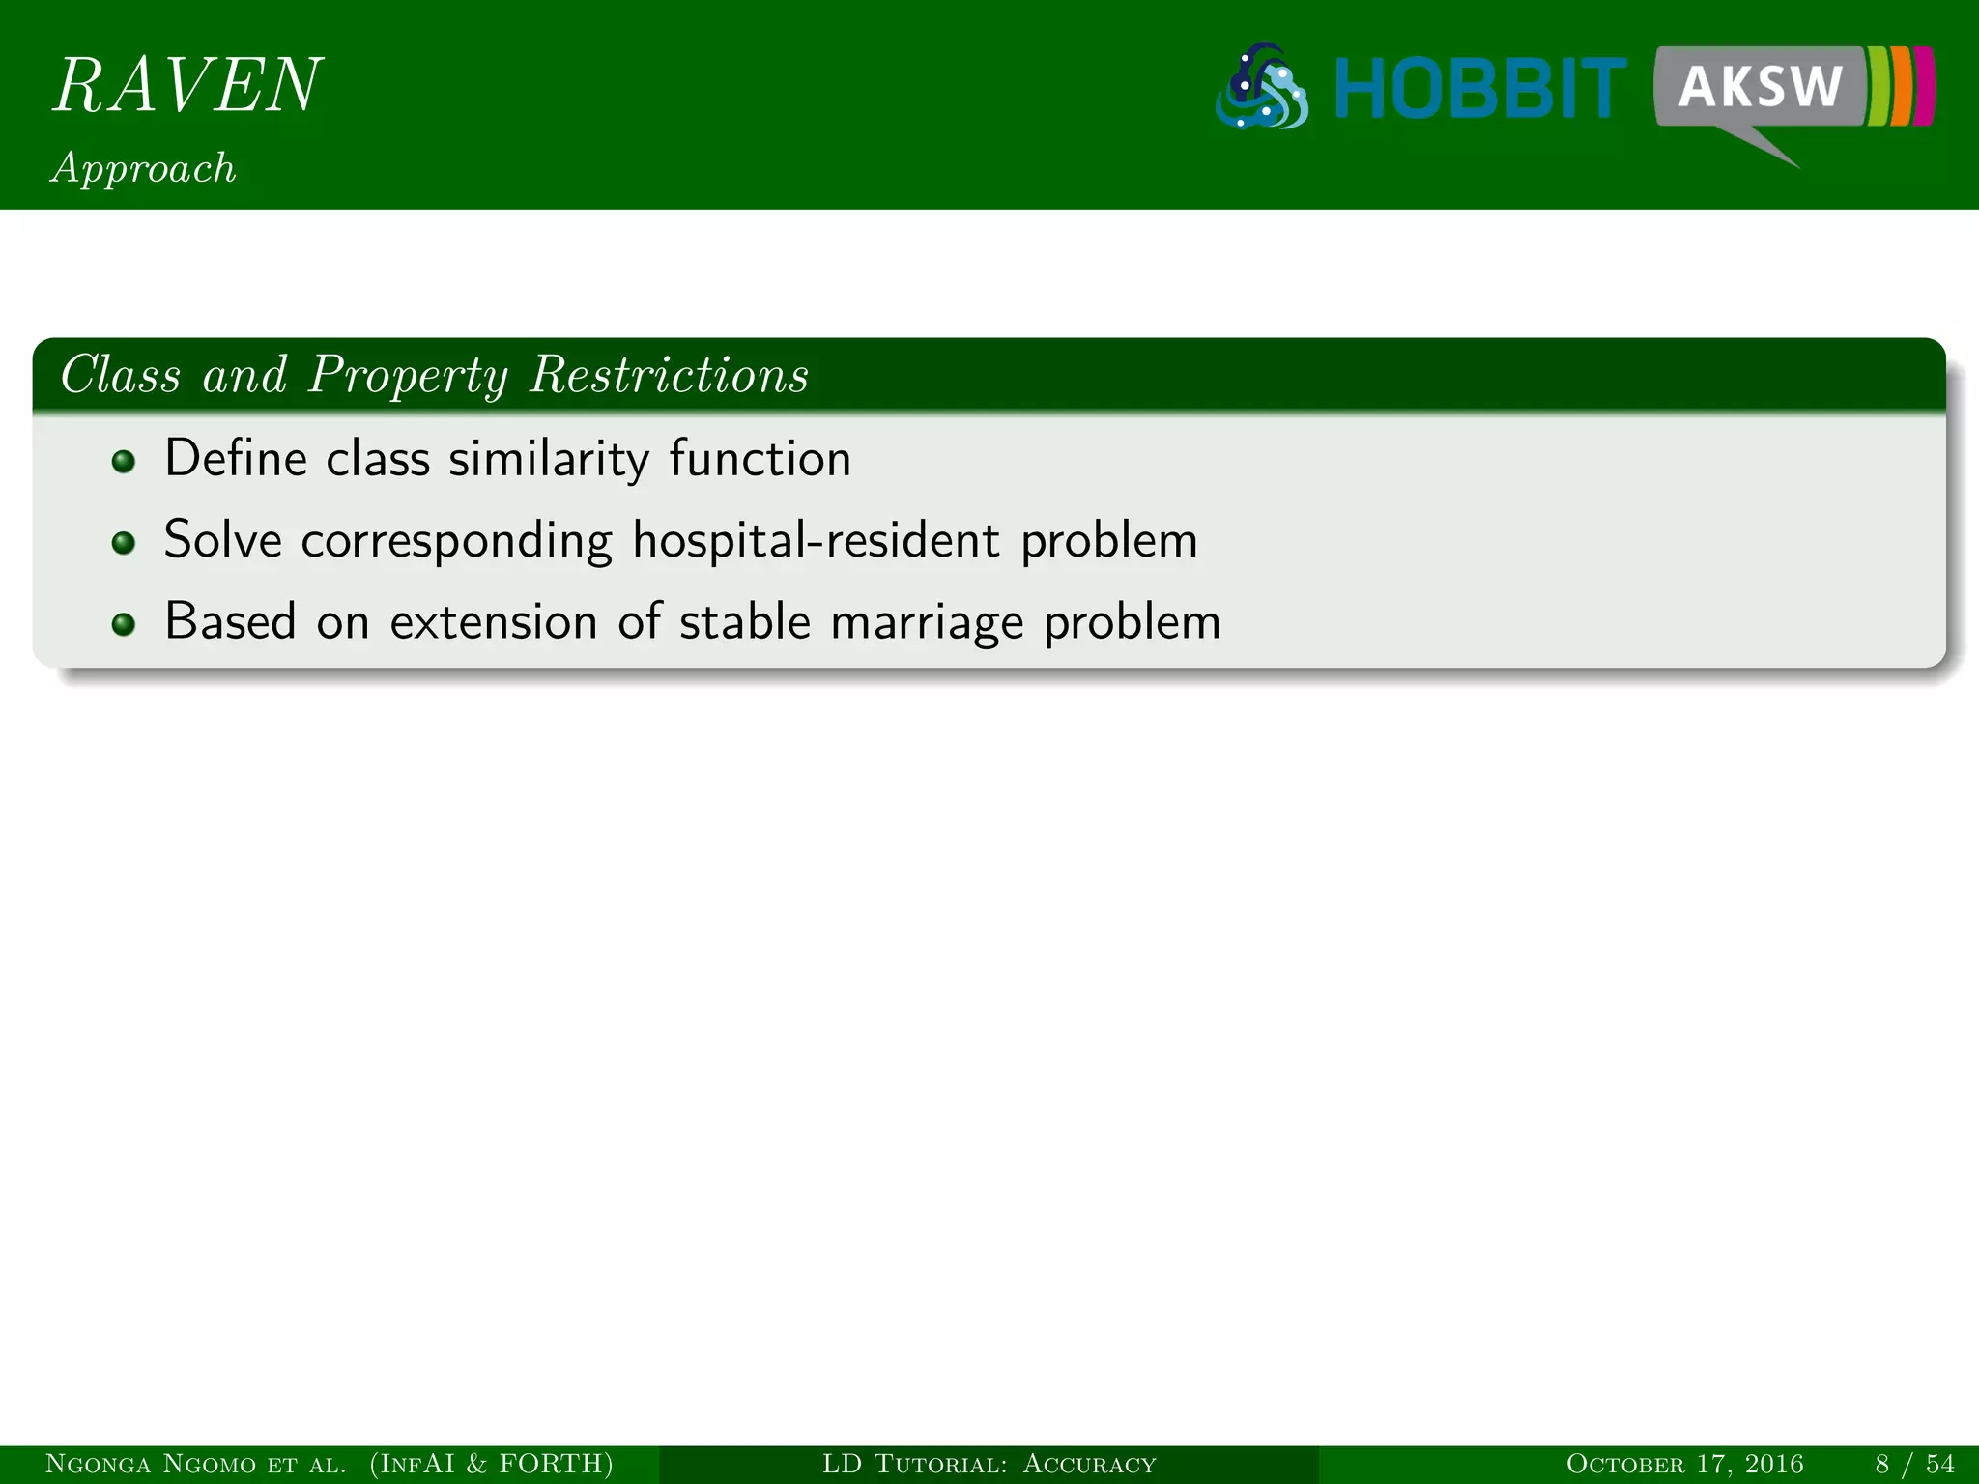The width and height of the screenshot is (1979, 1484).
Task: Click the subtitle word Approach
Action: (x=144, y=168)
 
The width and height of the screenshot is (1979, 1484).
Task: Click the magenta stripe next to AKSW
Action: (x=1924, y=87)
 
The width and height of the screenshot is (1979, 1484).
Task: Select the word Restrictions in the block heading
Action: (x=669, y=375)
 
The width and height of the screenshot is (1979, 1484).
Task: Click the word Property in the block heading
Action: (x=407, y=375)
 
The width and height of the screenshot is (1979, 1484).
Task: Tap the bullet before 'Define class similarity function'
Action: (x=123, y=461)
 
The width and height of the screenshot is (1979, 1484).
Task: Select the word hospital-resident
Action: (x=816, y=539)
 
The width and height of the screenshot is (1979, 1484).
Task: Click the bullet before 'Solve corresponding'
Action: (x=123, y=543)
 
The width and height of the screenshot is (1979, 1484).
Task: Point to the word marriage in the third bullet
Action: (x=926, y=621)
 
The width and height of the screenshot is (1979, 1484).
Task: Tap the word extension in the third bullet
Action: (x=493, y=621)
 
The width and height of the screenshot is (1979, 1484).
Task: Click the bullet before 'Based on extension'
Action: (x=123, y=625)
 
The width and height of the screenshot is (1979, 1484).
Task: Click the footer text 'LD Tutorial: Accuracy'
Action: (x=989, y=1465)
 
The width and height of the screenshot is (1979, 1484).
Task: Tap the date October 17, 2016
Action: (x=1684, y=1465)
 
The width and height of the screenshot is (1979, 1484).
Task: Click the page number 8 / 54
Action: (x=1914, y=1465)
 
